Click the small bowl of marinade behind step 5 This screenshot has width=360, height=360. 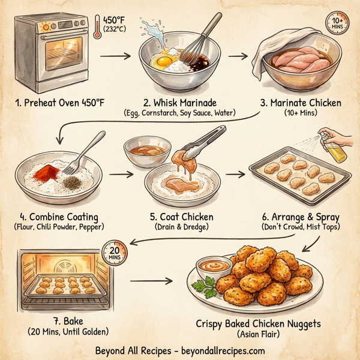pyautogui.click(x=143, y=151)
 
